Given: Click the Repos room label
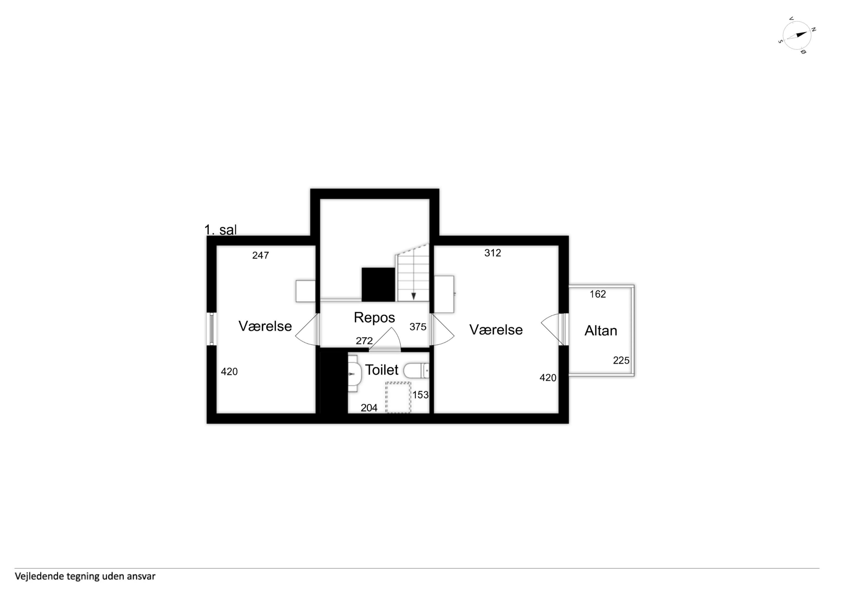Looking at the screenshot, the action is [x=374, y=318].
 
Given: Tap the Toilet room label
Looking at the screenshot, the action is [x=381, y=370].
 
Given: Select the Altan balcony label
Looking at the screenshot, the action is [x=600, y=331].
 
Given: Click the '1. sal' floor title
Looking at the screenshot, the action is [x=220, y=230].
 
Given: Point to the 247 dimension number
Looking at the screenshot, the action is [x=260, y=255].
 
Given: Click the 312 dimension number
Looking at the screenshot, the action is [x=493, y=253].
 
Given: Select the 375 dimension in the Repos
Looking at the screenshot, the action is [x=418, y=327].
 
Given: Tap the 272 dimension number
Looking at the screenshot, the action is [x=364, y=341].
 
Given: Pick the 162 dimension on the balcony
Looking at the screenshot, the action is [x=598, y=294].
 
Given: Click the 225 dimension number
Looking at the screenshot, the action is [x=621, y=361].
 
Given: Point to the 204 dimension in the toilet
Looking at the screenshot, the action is [x=369, y=408].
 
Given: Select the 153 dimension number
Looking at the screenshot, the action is [x=421, y=395].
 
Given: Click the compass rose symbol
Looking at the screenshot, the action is [x=797, y=35].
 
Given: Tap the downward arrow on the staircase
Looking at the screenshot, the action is [x=413, y=296].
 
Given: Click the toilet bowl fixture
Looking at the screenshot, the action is [x=416, y=371].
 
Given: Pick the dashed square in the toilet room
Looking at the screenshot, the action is [x=398, y=397].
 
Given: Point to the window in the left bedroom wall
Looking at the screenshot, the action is [x=211, y=329].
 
